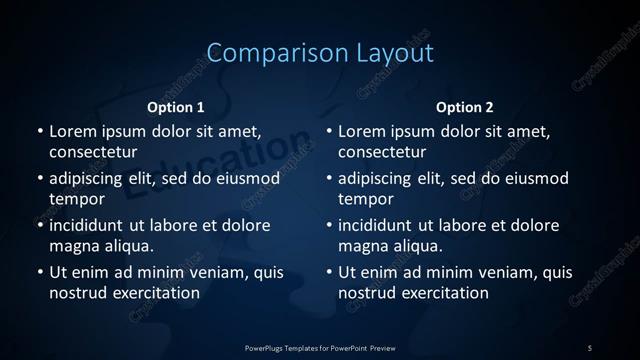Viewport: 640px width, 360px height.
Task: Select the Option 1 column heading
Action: click(176, 107)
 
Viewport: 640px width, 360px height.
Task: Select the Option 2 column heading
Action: click(465, 107)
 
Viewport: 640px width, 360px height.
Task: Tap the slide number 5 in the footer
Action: click(590, 348)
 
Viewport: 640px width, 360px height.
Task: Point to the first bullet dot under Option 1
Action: click(40, 132)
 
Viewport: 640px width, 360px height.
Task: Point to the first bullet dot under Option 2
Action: click(329, 132)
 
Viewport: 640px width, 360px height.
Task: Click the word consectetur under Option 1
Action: click(93, 152)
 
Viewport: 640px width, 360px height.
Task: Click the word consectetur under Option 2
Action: click(383, 152)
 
